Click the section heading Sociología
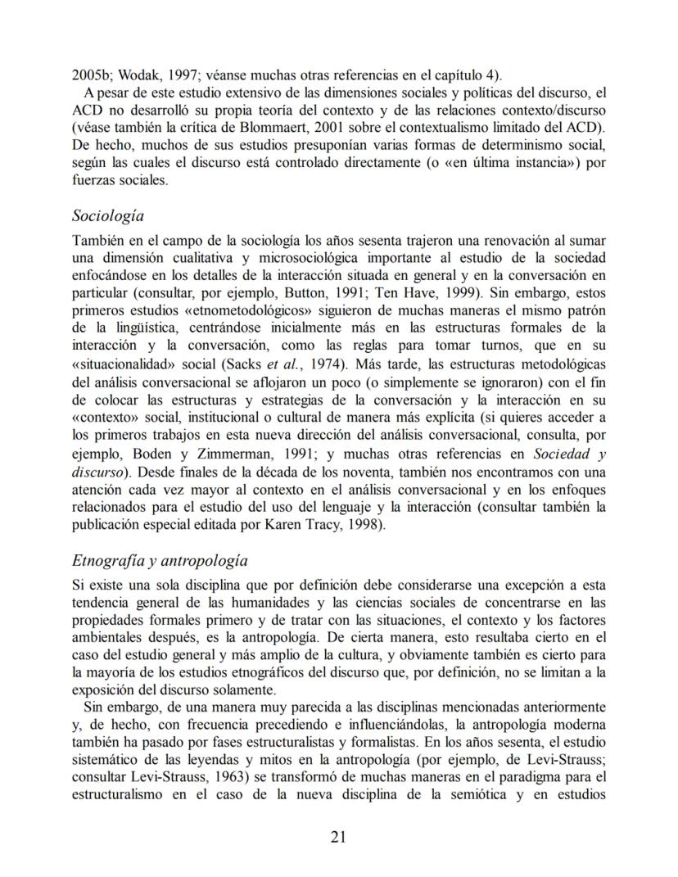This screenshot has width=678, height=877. [x=108, y=216]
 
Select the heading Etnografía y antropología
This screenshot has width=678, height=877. [x=160, y=561]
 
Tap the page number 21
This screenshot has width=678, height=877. [x=339, y=836]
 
